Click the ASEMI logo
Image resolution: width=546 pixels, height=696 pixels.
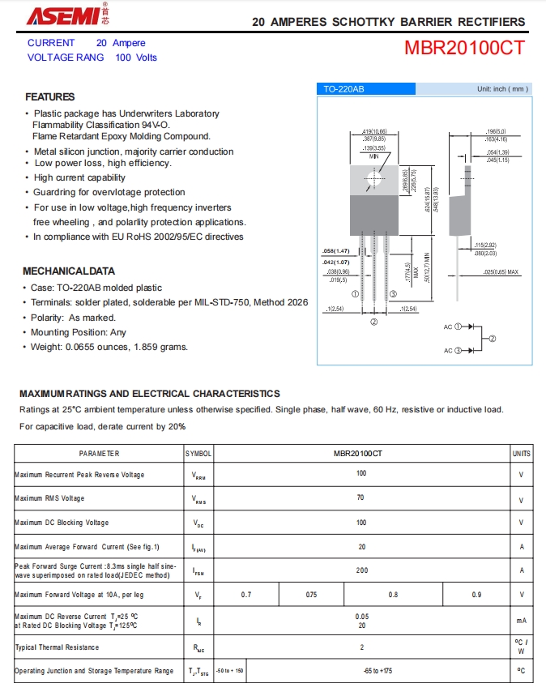click(66, 15)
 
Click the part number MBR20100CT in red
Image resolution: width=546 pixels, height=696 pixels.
click(464, 48)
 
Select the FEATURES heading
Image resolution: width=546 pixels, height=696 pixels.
click(50, 96)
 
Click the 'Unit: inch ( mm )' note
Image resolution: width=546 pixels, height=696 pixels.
click(502, 89)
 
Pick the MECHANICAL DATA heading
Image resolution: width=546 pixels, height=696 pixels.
click(69, 271)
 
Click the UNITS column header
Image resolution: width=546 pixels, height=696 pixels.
click(522, 454)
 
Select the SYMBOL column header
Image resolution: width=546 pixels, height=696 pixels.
click(198, 454)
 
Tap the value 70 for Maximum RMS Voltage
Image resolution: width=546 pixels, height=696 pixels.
click(361, 498)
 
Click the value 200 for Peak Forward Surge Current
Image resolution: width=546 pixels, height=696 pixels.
click(361, 570)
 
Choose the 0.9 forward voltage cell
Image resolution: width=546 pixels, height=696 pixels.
click(476, 595)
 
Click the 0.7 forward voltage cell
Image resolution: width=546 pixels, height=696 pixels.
click(246, 595)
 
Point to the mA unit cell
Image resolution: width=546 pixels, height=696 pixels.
click(522, 621)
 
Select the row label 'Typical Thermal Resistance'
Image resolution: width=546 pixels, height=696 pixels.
click(57, 647)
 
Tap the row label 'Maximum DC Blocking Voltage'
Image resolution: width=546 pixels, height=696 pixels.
click(61, 523)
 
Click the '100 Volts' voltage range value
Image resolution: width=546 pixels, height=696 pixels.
click(136, 58)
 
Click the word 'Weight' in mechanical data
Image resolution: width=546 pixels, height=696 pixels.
click(46, 347)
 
